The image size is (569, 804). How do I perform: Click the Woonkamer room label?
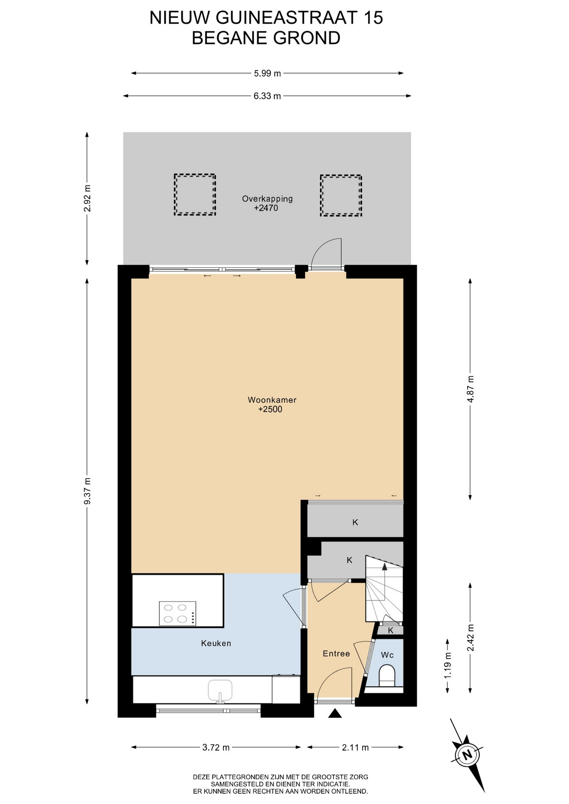point(272,400)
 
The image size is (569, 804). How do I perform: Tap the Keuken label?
point(216,643)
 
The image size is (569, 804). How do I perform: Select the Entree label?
point(336,653)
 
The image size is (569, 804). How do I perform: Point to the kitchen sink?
point(220,691)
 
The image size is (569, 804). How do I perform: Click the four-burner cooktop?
point(177,613)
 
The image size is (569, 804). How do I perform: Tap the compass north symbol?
point(466,755)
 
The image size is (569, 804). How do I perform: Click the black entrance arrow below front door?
point(335,713)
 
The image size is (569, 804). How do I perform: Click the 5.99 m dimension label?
point(267,73)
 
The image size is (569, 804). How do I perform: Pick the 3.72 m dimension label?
point(216,747)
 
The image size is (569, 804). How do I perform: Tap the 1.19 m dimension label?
point(448,665)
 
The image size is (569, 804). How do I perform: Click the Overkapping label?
point(267,199)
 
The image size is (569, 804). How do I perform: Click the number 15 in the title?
point(372,18)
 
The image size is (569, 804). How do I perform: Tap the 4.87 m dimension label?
point(471,389)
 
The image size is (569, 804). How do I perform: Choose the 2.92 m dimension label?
point(87,198)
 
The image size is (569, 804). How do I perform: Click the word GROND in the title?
point(307,38)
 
